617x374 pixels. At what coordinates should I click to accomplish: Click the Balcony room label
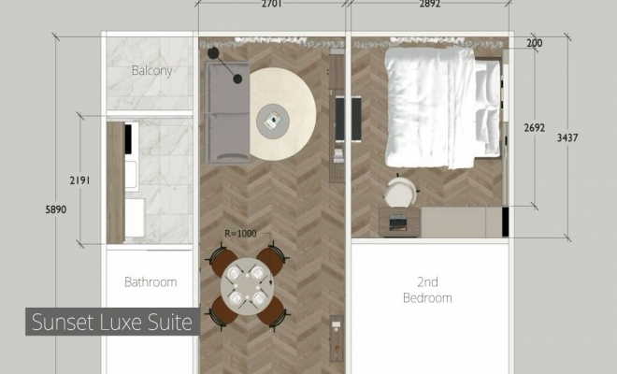[151, 71]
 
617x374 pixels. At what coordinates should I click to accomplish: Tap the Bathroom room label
[151, 281]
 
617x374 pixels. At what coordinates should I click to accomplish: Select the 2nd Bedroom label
[427, 290]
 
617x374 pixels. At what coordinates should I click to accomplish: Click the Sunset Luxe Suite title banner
[112, 322]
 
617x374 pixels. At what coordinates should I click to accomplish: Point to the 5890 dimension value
[56, 209]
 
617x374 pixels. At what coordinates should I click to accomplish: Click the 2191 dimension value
[79, 180]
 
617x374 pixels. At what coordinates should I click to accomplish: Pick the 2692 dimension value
[535, 127]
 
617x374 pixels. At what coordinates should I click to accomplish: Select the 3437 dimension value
[567, 137]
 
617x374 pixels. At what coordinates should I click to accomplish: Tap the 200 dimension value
[535, 43]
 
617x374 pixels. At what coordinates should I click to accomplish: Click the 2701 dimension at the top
[271, 4]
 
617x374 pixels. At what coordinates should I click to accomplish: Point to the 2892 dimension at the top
[430, 4]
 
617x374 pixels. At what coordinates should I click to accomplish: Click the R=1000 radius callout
[240, 234]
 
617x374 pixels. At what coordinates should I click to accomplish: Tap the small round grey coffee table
[273, 121]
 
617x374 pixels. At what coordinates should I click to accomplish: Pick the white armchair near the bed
[400, 192]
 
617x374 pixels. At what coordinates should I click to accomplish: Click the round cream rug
[282, 114]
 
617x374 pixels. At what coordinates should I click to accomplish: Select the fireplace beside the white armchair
[398, 223]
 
